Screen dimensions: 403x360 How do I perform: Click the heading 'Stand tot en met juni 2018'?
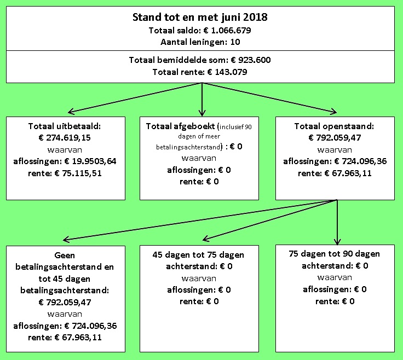pyautogui.click(x=200, y=17)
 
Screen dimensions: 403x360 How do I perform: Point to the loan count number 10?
pyautogui.click(x=235, y=42)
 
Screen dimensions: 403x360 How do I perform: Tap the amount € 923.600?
pyautogui.click(x=251, y=60)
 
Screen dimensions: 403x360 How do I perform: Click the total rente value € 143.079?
pyautogui.click(x=227, y=72)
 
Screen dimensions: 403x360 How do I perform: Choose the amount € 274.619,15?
pyautogui.click(x=65, y=138)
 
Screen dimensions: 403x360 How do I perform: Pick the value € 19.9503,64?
pyautogui.click(x=90, y=161)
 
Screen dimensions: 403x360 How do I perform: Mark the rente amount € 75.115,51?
pyautogui.click(x=78, y=173)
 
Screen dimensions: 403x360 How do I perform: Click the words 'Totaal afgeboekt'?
pyautogui.click(x=180, y=126)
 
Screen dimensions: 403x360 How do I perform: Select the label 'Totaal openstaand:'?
pyautogui.click(x=334, y=126)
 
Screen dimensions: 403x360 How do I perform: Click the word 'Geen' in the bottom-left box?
pyautogui.click(x=65, y=256)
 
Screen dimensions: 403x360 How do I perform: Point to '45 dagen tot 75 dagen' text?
pyautogui.click(x=198, y=255)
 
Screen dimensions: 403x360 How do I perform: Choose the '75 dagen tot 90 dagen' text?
pyautogui.click(x=334, y=254)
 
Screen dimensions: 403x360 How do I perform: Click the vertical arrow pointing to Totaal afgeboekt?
pyautogui.click(x=202, y=100)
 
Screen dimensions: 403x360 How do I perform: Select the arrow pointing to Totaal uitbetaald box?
pyautogui.click(x=135, y=98)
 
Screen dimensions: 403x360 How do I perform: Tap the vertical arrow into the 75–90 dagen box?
pyautogui.click(x=337, y=222)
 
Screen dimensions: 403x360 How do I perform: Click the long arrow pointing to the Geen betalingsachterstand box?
pyautogui.click(x=200, y=220)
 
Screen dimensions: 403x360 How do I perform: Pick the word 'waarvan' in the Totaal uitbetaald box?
pyautogui.click(x=65, y=150)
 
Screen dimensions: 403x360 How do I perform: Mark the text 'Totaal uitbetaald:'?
pyautogui.click(x=65, y=126)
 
